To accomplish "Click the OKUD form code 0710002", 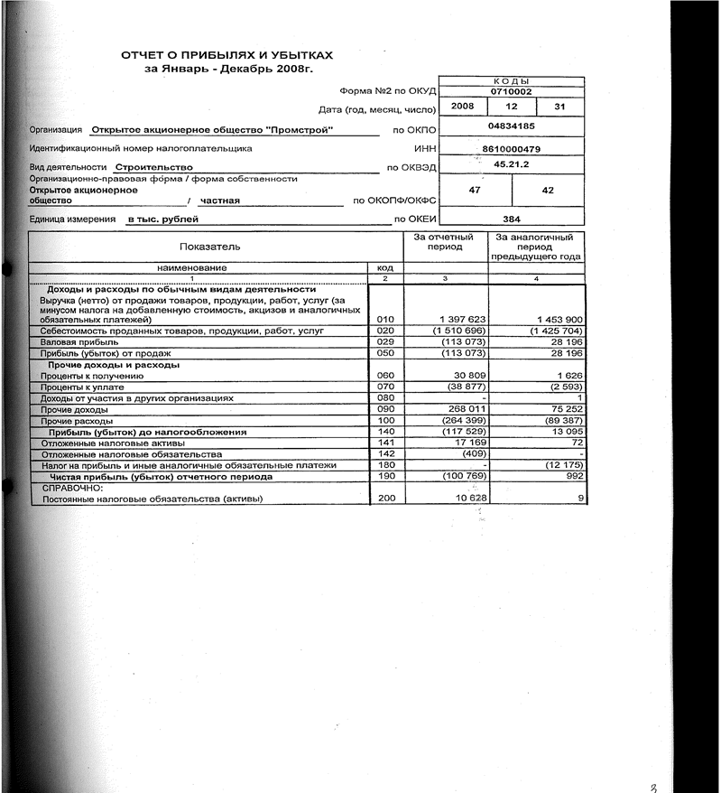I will (x=511, y=91).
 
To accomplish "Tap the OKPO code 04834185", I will (x=511, y=126).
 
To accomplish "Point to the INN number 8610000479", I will (x=511, y=148).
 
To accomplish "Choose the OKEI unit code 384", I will (x=511, y=219).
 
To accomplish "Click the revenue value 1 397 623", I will (x=462, y=320).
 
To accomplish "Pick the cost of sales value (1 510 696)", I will (x=461, y=331).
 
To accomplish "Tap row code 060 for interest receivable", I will (x=386, y=375).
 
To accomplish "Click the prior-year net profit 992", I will (x=575, y=476).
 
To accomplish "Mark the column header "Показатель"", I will (x=210, y=246).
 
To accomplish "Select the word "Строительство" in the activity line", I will (x=153, y=167).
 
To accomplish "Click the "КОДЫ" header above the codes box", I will (x=511, y=81).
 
